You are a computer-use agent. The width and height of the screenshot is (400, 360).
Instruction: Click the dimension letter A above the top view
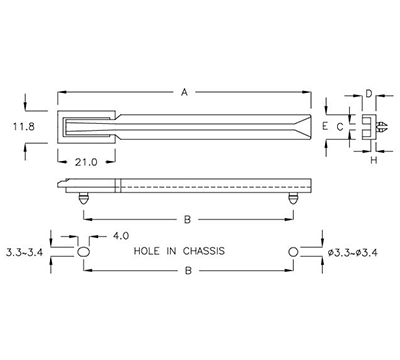click(184, 93)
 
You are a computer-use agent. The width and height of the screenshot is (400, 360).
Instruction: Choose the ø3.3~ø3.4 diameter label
click(356, 253)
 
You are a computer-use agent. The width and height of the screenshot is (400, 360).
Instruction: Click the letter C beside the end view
click(340, 127)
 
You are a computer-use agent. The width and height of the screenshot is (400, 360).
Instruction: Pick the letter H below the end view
click(373, 160)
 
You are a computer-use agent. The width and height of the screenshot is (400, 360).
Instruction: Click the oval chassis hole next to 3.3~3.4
click(84, 253)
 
